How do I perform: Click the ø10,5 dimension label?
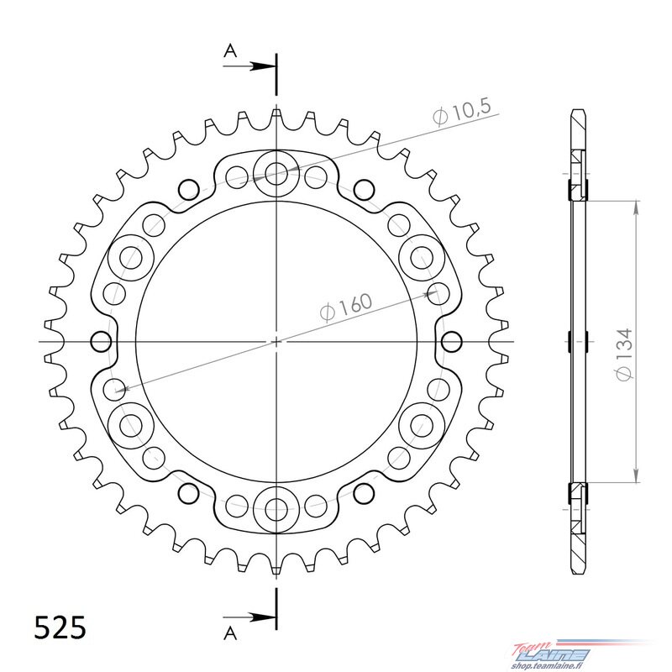coord(461,113)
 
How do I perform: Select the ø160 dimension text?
coord(346,307)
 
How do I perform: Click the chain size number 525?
coord(60,628)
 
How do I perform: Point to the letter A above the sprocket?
coord(230,51)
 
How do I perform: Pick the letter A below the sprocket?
coord(230,633)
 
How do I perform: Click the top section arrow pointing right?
coord(249,66)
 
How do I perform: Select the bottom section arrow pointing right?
coord(249,617)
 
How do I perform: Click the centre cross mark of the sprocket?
coord(276,342)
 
